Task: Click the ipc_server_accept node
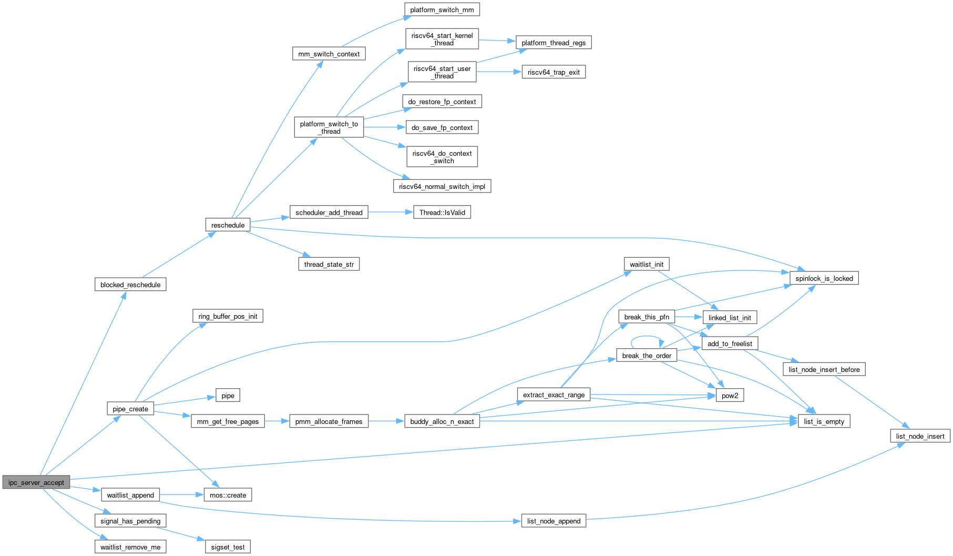tap(36, 482)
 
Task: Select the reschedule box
tap(228, 225)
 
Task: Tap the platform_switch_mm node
tap(442, 10)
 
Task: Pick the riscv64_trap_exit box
tap(554, 72)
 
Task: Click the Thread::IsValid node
tap(442, 213)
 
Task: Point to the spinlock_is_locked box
tap(824, 278)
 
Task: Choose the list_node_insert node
tap(920, 436)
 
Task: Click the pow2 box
tap(730, 396)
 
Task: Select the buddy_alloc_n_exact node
tap(442, 421)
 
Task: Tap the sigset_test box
tap(228, 547)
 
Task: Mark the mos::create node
tap(228, 495)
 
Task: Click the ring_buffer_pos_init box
tap(228, 316)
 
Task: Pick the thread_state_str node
tap(329, 264)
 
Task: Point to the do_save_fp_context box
tap(442, 127)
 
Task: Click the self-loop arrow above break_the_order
tap(647, 337)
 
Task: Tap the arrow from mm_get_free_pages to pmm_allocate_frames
tap(277, 421)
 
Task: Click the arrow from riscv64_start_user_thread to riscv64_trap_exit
tap(498, 72)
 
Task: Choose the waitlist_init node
tap(647, 264)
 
